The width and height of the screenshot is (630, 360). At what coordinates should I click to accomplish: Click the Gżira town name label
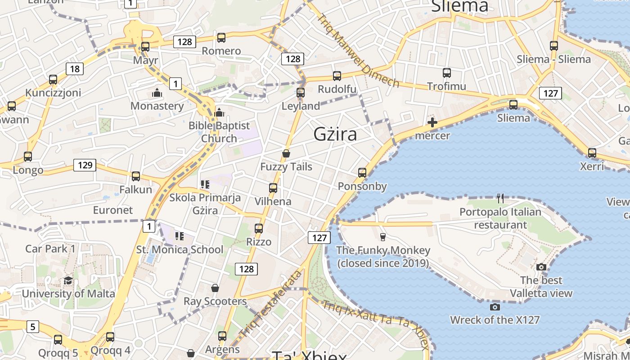335,134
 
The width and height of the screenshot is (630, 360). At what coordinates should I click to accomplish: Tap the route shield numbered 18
75,69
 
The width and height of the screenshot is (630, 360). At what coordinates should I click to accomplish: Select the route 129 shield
85,165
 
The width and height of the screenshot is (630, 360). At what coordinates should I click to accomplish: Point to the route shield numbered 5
32,326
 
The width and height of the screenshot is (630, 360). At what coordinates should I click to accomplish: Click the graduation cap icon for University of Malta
68,281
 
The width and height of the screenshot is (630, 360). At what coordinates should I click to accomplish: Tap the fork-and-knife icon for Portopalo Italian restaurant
500,198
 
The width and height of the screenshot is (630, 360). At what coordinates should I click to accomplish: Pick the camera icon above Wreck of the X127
495,307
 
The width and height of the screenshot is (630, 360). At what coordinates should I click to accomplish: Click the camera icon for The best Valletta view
541,267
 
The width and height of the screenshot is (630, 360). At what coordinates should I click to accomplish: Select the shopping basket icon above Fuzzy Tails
286,154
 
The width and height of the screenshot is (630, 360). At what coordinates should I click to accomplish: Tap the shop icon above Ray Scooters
215,288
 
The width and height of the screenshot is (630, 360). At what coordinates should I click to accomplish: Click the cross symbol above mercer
432,122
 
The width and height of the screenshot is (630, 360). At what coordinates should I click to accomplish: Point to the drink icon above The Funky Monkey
383,237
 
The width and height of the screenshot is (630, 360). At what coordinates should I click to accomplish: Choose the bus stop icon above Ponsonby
362,172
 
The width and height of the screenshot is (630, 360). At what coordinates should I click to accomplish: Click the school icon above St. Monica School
180,236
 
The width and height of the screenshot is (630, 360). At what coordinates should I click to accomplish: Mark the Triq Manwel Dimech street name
358,51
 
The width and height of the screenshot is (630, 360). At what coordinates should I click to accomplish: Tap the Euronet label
113,210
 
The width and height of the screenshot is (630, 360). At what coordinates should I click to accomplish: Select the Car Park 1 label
50,248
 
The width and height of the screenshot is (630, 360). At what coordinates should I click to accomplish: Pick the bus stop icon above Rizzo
259,228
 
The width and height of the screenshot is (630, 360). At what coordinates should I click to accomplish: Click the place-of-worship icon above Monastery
157,93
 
